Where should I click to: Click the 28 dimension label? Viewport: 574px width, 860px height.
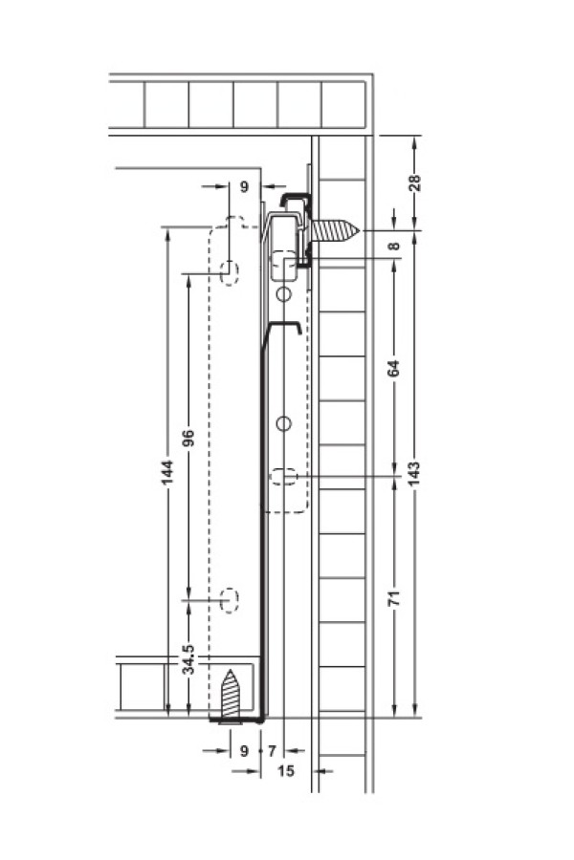click(x=415, y=182)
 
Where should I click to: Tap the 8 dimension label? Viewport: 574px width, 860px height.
click(x=394, y=246)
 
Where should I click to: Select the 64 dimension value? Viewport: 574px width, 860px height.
click(x=394, y=368)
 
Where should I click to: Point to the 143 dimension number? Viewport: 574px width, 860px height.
click(x=415, y=473)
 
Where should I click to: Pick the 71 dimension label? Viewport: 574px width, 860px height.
click(x=394, y=598)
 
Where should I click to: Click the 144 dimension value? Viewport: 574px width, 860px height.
click(x=167, y=472)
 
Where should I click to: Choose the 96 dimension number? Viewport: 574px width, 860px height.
click(x=188, y=439)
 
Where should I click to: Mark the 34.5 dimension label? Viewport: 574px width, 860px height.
click(x=188, y=659)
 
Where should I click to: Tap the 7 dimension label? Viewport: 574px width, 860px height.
click(x=272, y=750)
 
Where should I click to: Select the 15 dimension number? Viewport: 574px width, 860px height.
click(x=286, y=771)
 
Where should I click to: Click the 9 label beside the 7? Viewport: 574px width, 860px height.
click(x=245, y=750)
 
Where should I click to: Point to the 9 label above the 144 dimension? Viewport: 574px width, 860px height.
click(x=245, y=186)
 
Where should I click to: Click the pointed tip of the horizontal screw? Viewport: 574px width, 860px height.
click(x=361, y=230)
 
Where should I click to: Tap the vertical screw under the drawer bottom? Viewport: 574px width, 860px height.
click(x=231, y=697)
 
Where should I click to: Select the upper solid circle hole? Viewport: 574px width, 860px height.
click(x=283, y=294)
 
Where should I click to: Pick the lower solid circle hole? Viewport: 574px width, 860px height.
click(x=283, y=424)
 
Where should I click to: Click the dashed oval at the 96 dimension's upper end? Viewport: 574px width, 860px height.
click(x=229, y=273)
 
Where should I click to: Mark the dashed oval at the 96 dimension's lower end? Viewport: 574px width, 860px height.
click(x=229, y=600)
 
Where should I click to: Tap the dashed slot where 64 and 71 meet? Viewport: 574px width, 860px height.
click(x=284, y=477)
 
